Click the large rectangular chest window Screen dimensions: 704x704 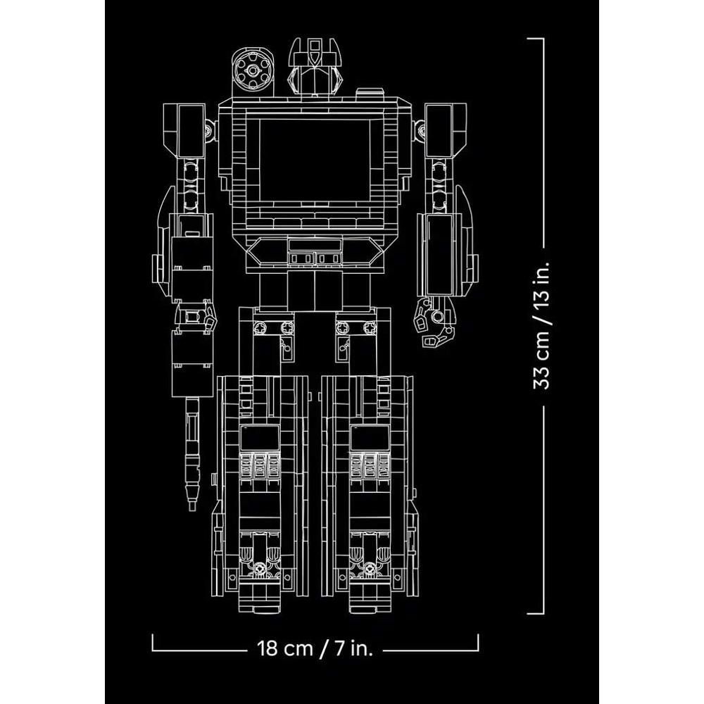(x=315, y=160)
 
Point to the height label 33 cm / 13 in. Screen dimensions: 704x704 (x=541, y=325)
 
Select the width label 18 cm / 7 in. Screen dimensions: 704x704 (x=315, y=648)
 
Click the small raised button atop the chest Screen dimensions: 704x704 (x=370, y=92)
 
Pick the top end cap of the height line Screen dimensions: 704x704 (x=535, y=39)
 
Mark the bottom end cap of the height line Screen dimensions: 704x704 (x=535, y=613)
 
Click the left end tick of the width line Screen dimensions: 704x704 (x=153, y=642)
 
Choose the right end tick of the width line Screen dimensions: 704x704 (x=478, y=642)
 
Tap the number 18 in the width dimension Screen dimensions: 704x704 (x=268, y=648)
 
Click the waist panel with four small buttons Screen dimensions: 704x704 (x=315, y=258)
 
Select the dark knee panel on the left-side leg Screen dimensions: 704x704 (x=260, y=438)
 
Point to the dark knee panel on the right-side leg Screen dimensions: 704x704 (x=370, y=438)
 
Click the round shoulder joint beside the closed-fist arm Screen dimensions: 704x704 (x=209, y=131)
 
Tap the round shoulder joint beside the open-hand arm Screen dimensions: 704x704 (x=420, y=131)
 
